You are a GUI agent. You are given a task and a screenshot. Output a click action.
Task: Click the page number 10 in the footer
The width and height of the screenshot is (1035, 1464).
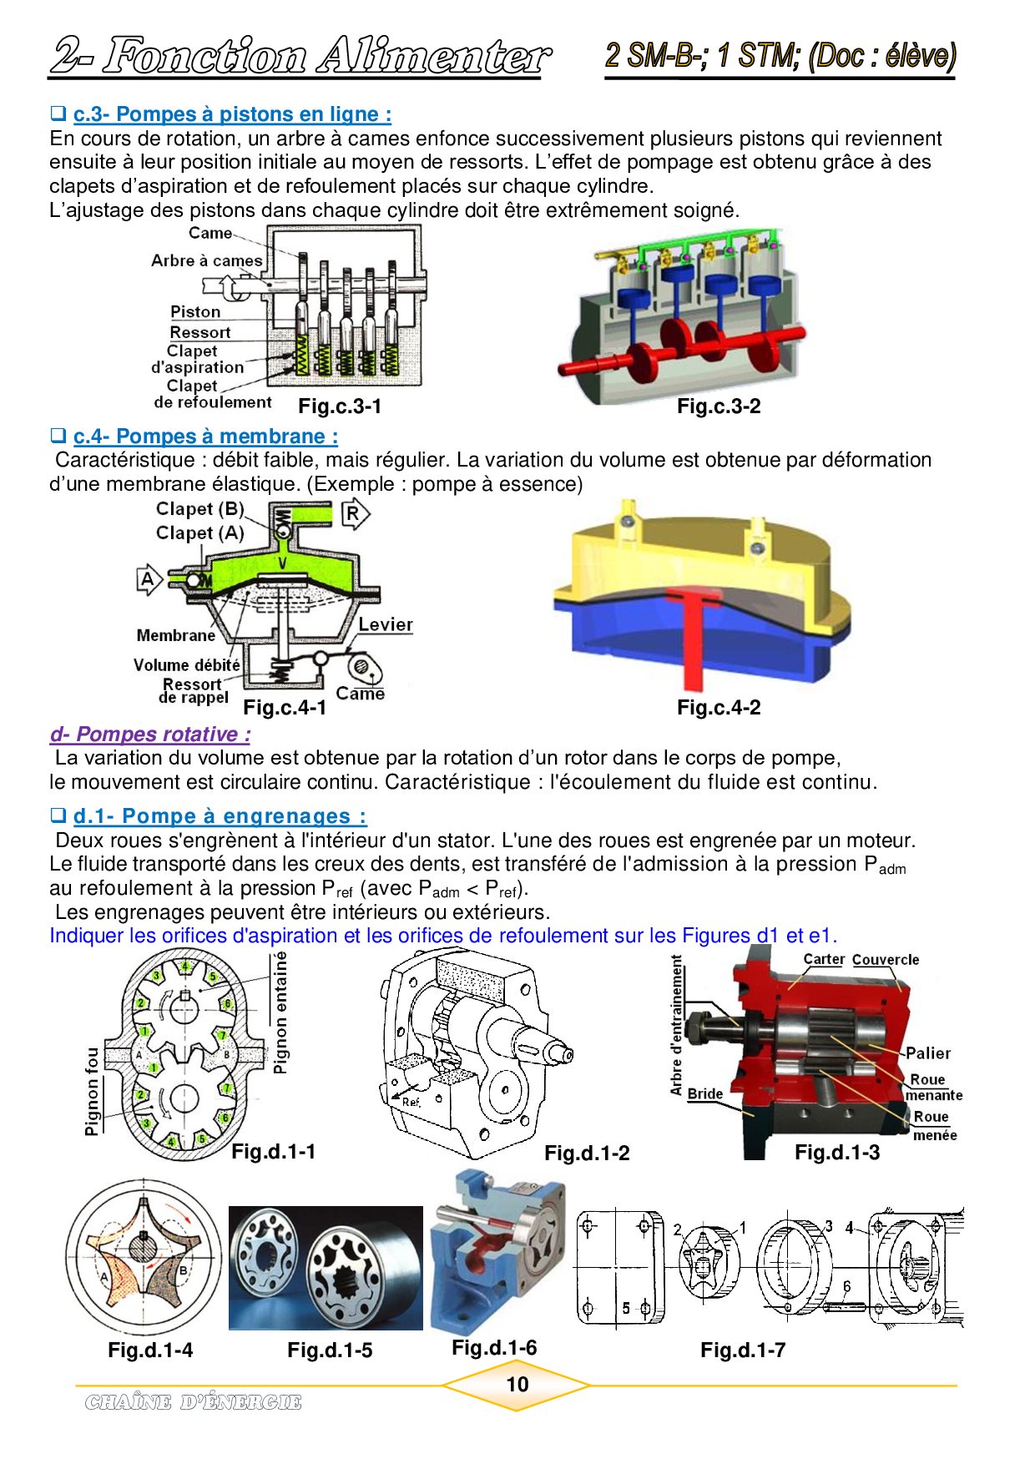tap(517, 1384)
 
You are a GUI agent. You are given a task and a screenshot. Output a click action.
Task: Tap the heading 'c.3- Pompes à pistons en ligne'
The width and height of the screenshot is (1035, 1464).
tap(231, 114)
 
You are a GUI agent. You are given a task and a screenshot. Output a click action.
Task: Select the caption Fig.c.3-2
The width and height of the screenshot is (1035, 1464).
tap(719, 406)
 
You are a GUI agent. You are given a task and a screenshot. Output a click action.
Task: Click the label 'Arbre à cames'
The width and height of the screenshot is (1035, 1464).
tap(206, 260)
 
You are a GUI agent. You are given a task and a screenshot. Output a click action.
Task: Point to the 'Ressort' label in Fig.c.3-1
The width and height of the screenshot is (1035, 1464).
tap(200, 332)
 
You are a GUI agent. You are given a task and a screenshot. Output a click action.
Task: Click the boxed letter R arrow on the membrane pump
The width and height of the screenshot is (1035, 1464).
tap(354, 513)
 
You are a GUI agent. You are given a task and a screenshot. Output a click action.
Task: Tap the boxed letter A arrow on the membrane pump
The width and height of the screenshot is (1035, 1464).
tap(148, 579)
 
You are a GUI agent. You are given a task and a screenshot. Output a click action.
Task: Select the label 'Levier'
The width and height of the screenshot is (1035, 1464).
tap(385, 624)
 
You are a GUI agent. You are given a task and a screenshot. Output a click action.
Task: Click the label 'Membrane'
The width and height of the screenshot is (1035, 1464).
tap(175, 635)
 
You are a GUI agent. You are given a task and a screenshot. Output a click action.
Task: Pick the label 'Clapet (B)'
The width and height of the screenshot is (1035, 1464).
tap(199, 509)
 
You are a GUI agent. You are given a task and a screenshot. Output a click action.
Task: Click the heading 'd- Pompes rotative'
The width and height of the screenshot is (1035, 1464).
tap(150, 735)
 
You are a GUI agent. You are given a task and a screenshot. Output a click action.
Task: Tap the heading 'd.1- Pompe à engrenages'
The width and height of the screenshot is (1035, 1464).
tap(220, 816)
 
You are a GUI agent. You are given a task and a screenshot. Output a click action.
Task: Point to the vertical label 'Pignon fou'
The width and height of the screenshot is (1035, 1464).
tap(92, 1091)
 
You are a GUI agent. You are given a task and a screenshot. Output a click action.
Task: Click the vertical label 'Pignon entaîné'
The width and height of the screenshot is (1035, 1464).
tap(280, 1012)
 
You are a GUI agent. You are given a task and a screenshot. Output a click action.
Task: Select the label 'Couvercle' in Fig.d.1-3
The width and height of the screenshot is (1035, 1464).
tap(885, 960)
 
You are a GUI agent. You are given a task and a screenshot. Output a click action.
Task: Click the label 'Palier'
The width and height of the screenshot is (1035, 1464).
tap(927, 1053)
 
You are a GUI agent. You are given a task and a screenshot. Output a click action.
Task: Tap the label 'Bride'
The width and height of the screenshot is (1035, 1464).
tap(704, 1093)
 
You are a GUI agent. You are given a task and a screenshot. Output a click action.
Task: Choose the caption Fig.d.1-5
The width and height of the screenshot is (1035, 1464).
tap(330, 1350)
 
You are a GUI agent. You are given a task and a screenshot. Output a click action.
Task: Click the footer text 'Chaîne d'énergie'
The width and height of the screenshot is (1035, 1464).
tap(193, 1402)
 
